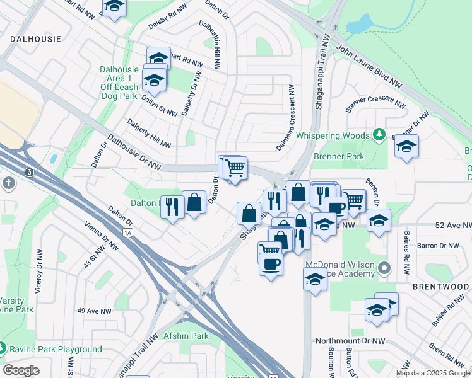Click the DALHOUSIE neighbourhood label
tap(35, 38)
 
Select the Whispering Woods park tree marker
tap(379, 134)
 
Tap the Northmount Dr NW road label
tap(350, 341)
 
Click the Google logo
tap(21, 370)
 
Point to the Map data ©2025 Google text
tap(434, 373)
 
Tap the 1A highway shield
tap(129, 232)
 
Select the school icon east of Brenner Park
tap(406, 147)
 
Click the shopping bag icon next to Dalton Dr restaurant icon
tap(194, 203)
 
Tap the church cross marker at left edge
tap(8, 183)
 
